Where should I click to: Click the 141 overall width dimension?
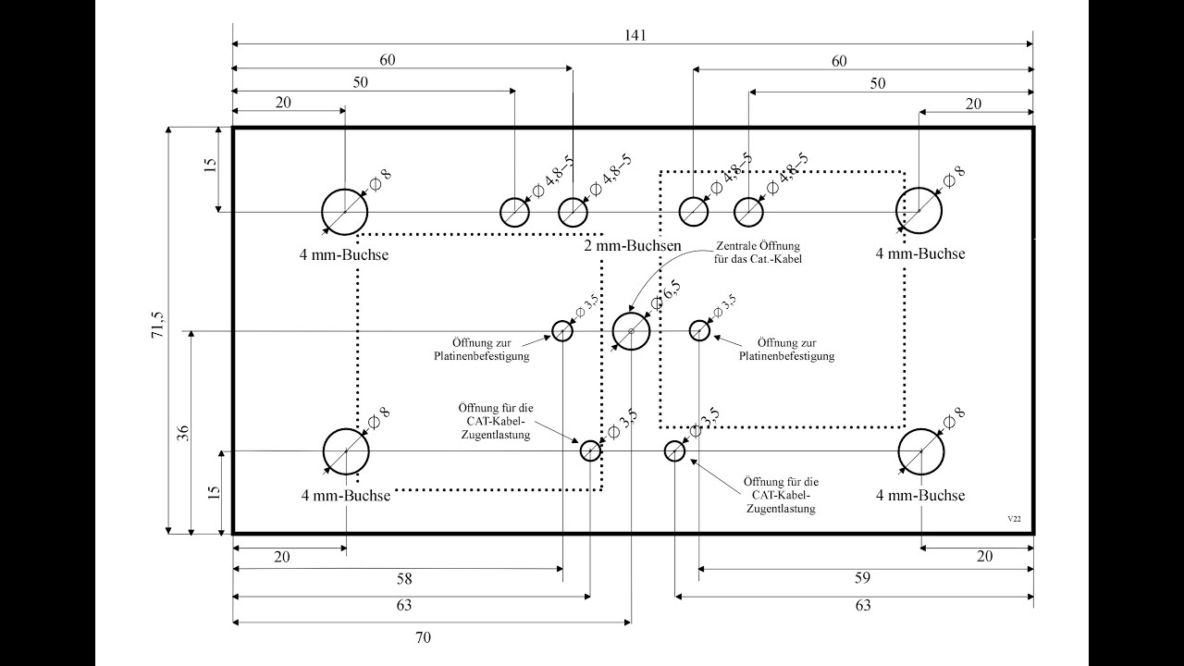[x=634, y=35]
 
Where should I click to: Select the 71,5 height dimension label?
[x=158, y=328]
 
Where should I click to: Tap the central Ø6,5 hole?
[x=632, y=330]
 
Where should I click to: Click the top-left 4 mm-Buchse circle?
[x=345, y=211]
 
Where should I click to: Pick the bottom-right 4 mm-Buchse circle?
[x=921, y=451]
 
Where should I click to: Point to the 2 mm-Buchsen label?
[x=633, y=246]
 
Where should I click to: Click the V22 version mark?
[x=1015, y=520]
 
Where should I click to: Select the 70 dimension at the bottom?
[x=424, y=637]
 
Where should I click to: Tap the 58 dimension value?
[x=403, y=580]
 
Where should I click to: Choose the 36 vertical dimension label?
[x=182, y=432]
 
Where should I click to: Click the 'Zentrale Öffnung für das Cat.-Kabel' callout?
[x=758, y=253]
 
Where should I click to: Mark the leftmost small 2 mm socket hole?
[x=515, y=212]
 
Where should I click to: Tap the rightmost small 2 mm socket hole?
[x=748, y=212]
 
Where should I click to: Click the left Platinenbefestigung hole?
[x=562, y=330]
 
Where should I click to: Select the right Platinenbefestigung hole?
[x=700, y=330]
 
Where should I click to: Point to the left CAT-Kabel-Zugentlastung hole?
[x=590, y=450]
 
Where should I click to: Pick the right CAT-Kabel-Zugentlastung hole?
[x=674, y=450]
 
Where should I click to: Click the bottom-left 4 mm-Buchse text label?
[x=346, y=496]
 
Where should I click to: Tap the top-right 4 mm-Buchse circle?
[x=919, y=210]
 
